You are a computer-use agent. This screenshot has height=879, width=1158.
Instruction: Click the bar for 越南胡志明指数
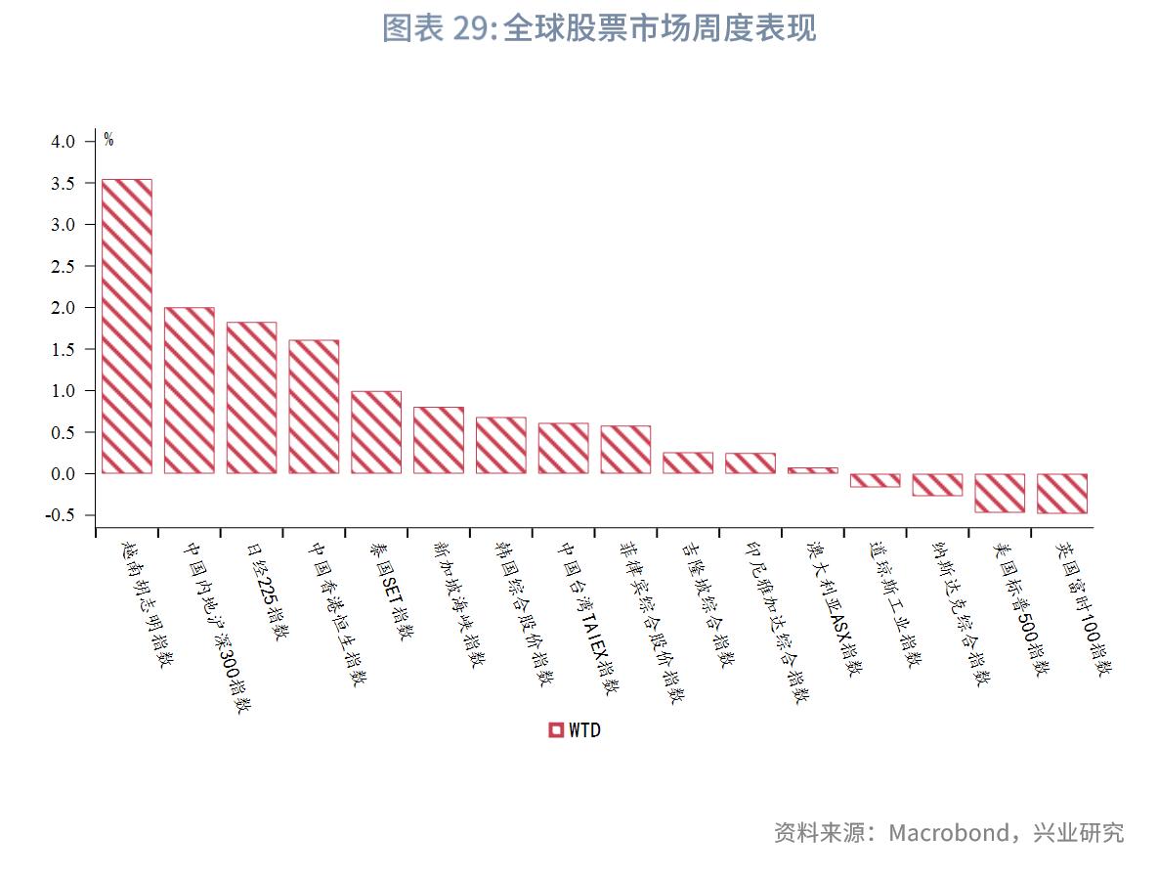pos(127,326)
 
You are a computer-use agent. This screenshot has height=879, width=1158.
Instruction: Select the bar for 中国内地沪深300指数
pos(190,390)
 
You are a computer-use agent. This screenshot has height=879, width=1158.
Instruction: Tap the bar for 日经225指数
pos(251,397)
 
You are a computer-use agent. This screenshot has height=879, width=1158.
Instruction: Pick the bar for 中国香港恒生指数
pos(314,407)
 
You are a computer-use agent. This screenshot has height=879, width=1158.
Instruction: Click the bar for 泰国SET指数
pos(376,432)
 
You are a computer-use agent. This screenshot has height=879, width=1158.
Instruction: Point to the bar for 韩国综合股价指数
pos(500,445)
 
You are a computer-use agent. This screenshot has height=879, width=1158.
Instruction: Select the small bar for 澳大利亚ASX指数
pos(812,470)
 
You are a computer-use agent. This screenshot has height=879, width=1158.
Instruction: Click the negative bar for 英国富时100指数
pos(1062,493)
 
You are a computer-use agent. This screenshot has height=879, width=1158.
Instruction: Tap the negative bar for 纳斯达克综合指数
pos(937,484)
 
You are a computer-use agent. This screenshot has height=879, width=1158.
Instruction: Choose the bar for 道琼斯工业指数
pos(875,480)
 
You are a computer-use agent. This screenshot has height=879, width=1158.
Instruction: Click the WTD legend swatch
pos(556,729)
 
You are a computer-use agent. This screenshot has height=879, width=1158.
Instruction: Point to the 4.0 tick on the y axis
pos(63,142)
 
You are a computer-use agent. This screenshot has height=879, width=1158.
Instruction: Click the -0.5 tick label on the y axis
pos(61,515)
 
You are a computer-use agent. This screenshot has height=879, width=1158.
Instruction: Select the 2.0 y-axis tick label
pos(63,308)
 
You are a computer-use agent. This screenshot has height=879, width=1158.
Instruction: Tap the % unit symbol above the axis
pos(108,140)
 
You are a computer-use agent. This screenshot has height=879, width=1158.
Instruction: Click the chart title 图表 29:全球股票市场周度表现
pos(598,28)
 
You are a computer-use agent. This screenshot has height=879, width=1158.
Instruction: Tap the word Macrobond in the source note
pos(948,832)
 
